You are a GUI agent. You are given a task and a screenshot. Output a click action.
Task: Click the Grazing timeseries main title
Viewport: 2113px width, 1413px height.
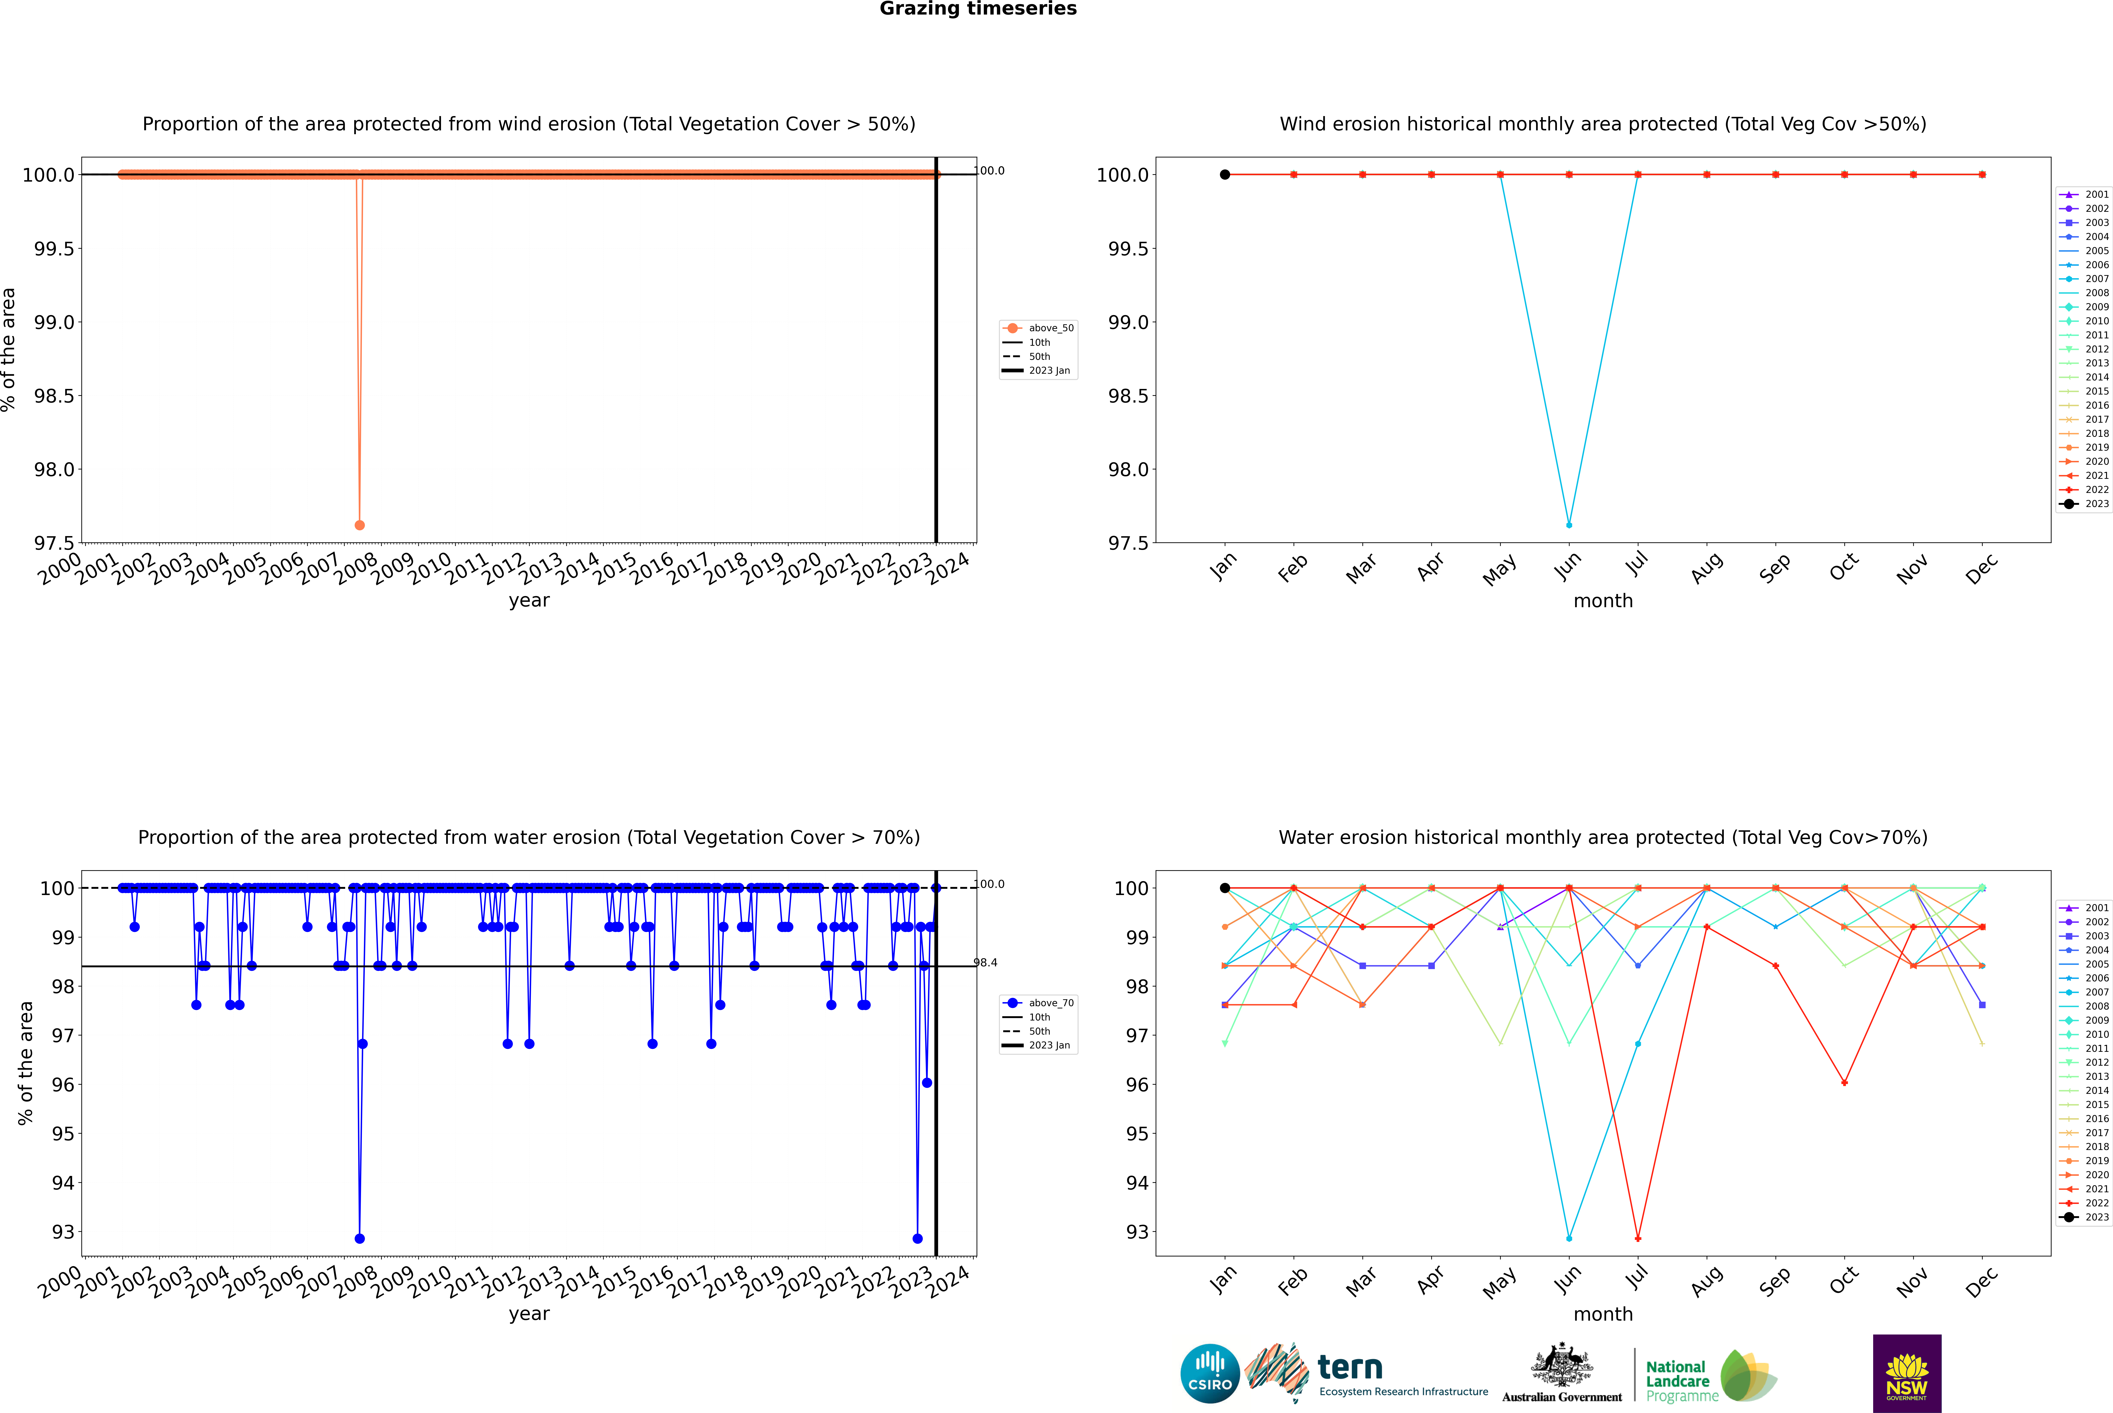point(978,9)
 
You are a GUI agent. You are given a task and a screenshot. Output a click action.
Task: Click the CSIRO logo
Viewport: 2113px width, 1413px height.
point(1210,1373)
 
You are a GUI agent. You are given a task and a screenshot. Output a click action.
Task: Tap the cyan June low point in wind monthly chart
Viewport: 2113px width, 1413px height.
point(1569,524)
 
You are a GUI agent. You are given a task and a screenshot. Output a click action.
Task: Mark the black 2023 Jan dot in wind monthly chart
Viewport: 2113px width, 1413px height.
point(1225,175)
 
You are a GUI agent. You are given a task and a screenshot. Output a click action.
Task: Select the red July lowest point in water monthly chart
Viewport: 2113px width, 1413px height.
point(1637,1238)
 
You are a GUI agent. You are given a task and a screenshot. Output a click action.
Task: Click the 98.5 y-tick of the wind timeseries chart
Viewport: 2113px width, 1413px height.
point(54,396)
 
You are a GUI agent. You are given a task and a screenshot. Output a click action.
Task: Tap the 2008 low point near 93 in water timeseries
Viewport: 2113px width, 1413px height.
point(360,1238)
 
